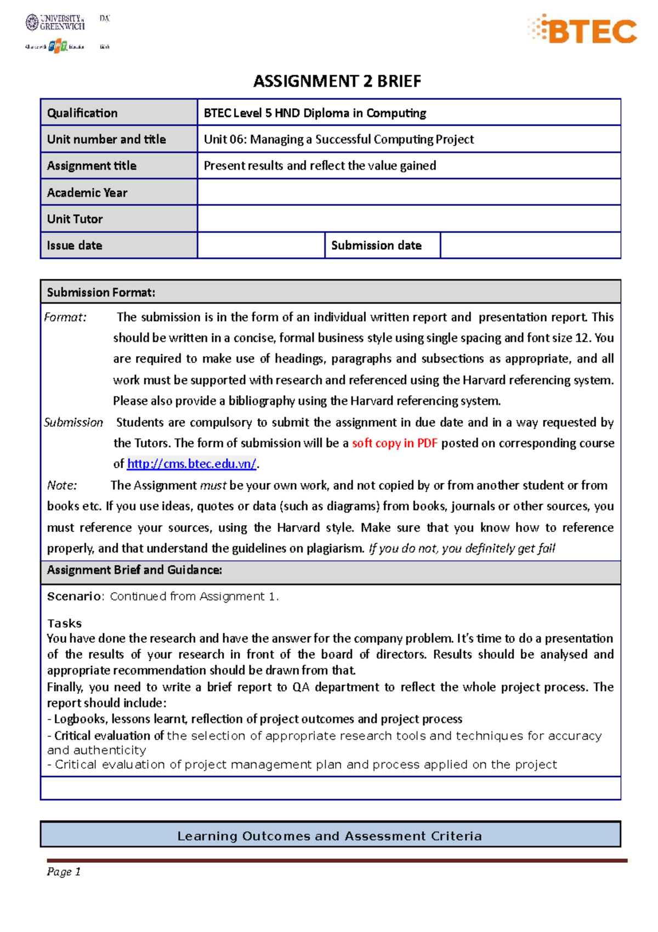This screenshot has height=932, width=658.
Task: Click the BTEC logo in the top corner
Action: coord(582,30)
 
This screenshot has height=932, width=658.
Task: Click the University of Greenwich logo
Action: coord(55,23)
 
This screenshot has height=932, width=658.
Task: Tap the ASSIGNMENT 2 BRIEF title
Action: coord(337,81)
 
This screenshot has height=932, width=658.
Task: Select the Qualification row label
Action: coord(82,113)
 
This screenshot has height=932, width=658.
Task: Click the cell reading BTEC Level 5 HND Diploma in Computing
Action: coord(315,113)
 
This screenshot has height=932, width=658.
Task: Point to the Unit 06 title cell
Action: coord(338,139)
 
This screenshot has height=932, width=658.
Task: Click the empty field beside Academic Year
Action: coord(409,192)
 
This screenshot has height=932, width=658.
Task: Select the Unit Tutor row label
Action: coord(75,219)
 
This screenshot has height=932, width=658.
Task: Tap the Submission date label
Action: coord(376,245)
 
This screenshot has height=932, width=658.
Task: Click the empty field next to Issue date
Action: coord(260,245)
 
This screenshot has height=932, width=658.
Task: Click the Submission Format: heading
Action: coord(101,293)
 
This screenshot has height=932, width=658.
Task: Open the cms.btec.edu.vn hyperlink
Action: coord(191,464)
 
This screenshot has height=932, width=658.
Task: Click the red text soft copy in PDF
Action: coord(394,443)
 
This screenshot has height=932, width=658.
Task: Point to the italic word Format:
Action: coord(65,317)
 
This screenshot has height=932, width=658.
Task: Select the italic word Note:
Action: coord(62,485)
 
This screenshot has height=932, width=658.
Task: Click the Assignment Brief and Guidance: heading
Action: coord(134,570)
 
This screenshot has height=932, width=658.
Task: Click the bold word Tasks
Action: coord(64,624)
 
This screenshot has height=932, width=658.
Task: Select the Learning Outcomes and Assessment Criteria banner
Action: coord(330,836)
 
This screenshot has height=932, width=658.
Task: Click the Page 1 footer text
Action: coord(64,872)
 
